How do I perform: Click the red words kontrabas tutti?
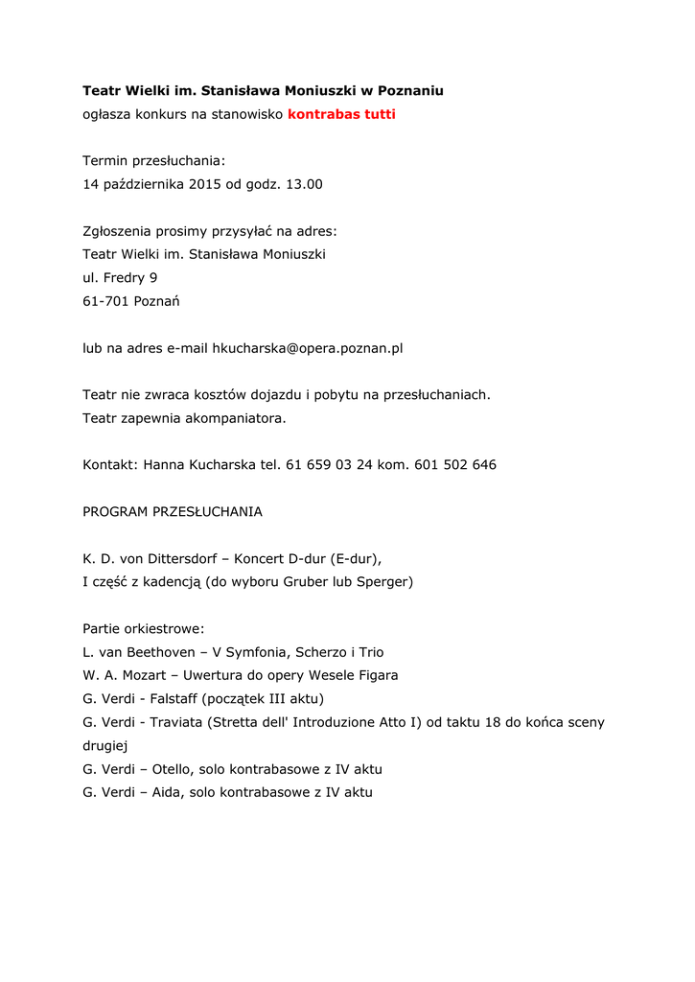pyautogui.click(x=341, y=114)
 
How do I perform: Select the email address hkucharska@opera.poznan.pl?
pyautogui.click(x=307, y=348)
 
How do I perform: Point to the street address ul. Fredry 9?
pyautogui.click(x=120, y=278)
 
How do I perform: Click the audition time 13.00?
pyautogui.click(x=304, y=184)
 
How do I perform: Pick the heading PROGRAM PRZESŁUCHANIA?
pyautogui.click(x=173, y=512)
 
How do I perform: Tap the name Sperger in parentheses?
pyautogui.click(x=382, y=582)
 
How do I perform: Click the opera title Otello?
pyautogui.click(x=173, y=769)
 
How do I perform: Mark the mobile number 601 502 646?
pyautogui.click(x=455, y=465)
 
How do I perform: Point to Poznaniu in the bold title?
pyautogui.click(x=410, y=90)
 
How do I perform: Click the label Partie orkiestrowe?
pyautogui.click(x=144, y=629)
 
